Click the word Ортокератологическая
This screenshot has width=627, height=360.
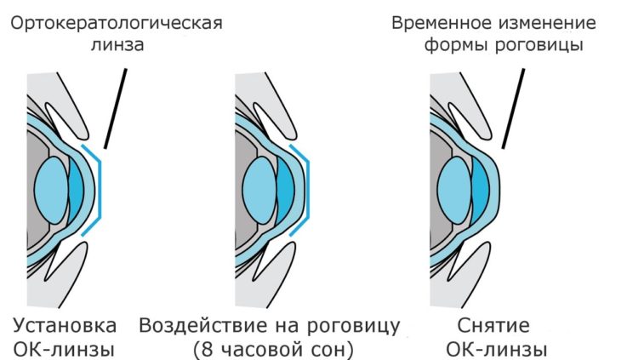pos(117,23)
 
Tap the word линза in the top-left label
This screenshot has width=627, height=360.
pos(117,44)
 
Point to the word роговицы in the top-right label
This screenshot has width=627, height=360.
pos(539,45)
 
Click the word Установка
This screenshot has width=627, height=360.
pos(65,325)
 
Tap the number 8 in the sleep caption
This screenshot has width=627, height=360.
pos(207,349)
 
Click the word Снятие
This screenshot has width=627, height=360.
pos(493,325)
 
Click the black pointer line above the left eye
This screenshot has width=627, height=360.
pos(116,108)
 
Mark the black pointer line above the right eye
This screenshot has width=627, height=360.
pos(513,108)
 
